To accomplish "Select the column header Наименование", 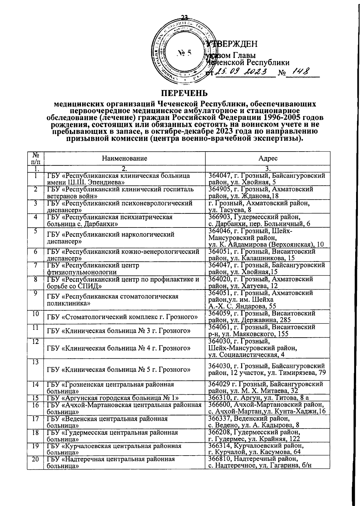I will coord(124,158).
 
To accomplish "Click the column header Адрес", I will coord(268,158).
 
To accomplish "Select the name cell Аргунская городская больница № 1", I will coord(113,398).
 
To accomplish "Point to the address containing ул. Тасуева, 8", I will coord(259,206).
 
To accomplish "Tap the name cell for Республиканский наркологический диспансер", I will coord(111,238).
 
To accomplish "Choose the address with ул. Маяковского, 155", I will coord(262,331).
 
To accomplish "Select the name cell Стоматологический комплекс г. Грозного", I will coord(122,317).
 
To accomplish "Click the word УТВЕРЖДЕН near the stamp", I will coord(232,44).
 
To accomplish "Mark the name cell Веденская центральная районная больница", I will coord(107,422).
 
